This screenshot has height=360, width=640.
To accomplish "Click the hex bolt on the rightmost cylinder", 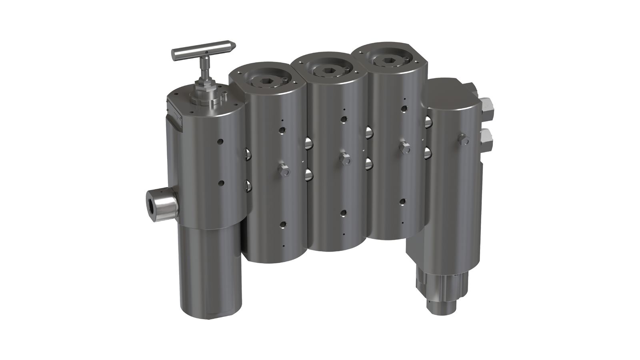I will [x=464, y=140].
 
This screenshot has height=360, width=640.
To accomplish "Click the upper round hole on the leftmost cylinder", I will [x=220, y=142].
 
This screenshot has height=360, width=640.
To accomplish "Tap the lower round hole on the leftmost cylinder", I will [x=221, y=182].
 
